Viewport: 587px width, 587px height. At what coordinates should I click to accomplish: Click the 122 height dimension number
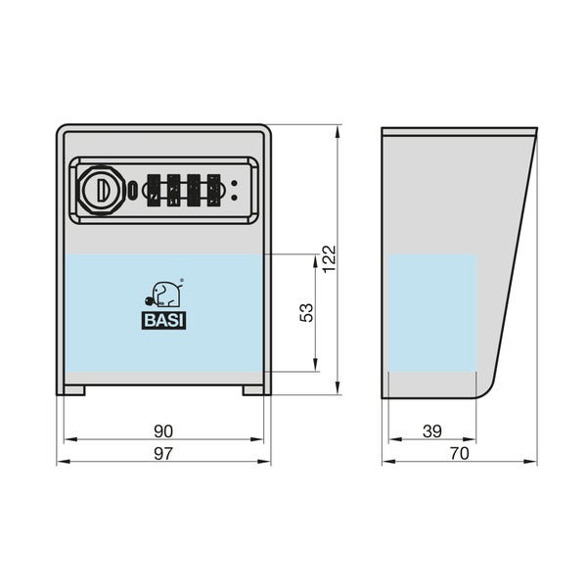pyautogui.click(x=330, y=259)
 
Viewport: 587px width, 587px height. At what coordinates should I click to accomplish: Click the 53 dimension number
pyautogui.click(x=306, y=313)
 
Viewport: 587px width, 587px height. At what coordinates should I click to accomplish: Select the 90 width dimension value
pyautogui.click(x=163, y=431)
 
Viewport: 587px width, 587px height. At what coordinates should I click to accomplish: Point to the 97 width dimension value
pyautogui.click(x=163, y=454)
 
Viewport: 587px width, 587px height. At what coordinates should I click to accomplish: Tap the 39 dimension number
pyautogui.click(x=432, y=431)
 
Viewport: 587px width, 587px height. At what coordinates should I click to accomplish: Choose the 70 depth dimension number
pyautogui.click(x=460, y=454)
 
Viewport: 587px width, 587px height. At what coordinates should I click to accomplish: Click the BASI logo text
pyautogui.click(x=163, y=321)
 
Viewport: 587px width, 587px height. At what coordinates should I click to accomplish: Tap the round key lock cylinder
pyautogui.click(x=102, y=191)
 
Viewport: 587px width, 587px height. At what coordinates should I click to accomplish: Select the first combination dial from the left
pyautogui.click(x=154, y=190)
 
